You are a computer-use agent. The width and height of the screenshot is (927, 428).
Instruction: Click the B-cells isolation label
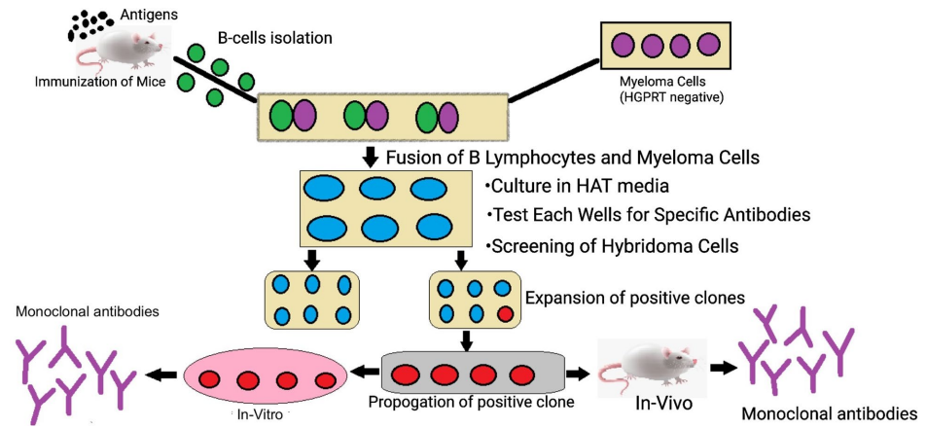pos(274,39)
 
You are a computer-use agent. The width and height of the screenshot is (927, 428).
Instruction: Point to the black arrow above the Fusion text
pos(370,157)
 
